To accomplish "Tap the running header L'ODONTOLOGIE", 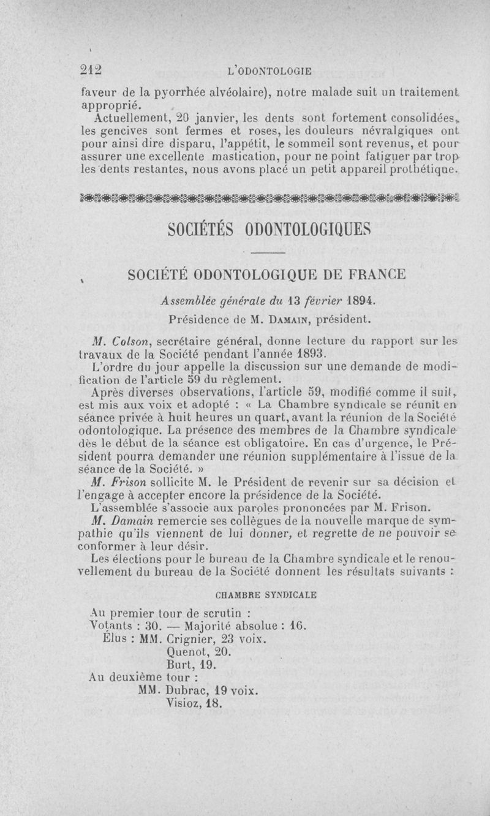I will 269,71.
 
